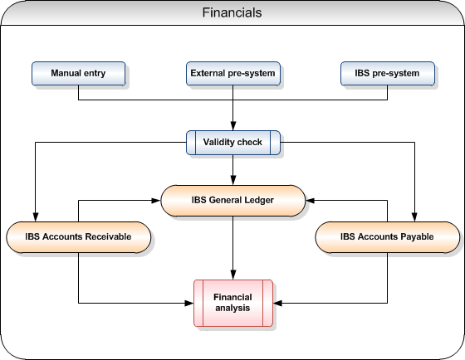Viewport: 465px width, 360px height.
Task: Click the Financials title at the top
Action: tap(232, 12)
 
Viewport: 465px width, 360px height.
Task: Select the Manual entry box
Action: tap(79, 74)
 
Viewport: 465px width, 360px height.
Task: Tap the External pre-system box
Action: tap(233, 74)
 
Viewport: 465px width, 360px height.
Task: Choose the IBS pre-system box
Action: tap(388, 74)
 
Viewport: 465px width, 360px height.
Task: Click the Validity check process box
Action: tap(233, 143)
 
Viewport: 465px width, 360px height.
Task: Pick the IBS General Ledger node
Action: tap(233, 201)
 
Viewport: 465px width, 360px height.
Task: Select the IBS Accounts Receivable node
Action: tap(79, 237)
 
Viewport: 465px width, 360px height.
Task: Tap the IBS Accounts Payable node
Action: tap(388, 237)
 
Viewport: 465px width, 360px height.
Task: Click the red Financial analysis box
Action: tap(233, 303)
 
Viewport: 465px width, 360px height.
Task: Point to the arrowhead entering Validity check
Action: tap(233, 125)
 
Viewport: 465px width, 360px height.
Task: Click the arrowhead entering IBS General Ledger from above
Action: tap(233, 181)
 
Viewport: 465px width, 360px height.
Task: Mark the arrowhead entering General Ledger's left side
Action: tap(156, 201)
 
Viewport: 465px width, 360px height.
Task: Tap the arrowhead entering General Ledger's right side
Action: tap(311, 201)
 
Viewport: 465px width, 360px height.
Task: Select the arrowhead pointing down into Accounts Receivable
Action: tap(35, 216)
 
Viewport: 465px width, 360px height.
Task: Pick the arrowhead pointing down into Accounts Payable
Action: tap(414, 216)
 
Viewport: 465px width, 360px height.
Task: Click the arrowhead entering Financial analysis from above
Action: tap(233, 275)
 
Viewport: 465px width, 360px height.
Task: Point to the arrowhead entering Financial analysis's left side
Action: tap(189, 303)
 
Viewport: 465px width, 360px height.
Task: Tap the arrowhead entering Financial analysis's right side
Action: tap(277, 303)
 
